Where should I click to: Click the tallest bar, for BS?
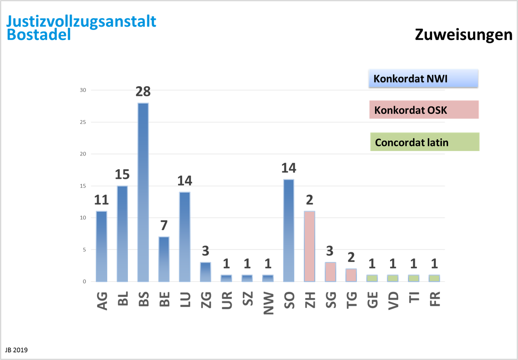click(143, 192)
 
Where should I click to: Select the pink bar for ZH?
click(310, 246)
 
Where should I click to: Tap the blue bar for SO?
click(289, 230)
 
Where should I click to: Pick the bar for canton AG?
click(101, 246)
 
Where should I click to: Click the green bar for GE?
click(372, 278)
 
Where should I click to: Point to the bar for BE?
click(164, 259)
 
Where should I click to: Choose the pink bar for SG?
click(331, 271)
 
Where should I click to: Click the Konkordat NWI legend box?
click(423, 78)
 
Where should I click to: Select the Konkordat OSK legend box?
click(424, 110)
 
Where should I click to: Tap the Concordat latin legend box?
click(425, 142)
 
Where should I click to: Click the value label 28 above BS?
click(143, 92)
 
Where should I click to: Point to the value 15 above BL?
click(122, 175)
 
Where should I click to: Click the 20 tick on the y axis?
click(83, 154)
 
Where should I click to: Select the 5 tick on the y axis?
click(84, 250)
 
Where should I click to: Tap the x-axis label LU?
click(185, 300)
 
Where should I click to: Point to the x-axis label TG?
click(352, 300)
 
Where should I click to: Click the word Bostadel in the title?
click(39, 35)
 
